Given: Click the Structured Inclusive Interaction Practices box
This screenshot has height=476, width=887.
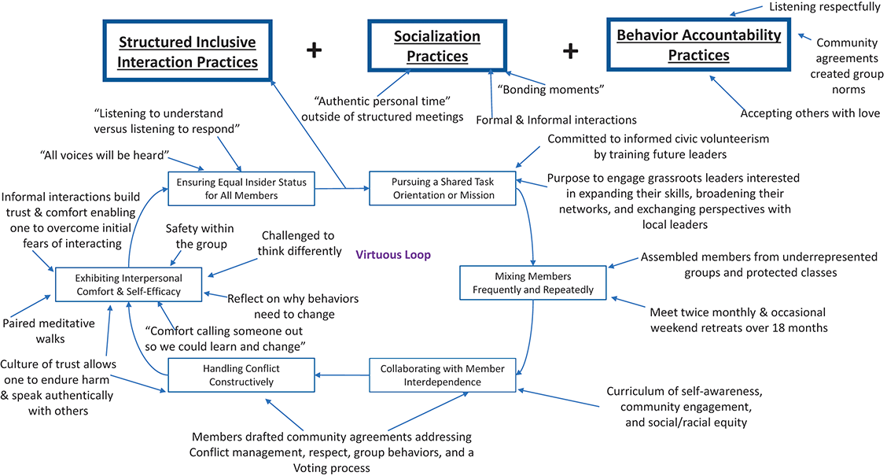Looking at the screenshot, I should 186,51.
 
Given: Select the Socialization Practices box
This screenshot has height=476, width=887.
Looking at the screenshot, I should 437,46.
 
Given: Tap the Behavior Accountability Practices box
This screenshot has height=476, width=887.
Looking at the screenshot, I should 698,46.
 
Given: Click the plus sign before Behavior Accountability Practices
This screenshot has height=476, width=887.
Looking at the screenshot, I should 571,50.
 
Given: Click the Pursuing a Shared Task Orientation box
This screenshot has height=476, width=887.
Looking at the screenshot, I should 443,189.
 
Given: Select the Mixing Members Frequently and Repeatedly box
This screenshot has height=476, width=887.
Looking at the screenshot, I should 533,282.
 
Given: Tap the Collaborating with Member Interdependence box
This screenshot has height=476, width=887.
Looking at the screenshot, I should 443,375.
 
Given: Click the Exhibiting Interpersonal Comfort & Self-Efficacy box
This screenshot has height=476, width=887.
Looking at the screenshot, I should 128,284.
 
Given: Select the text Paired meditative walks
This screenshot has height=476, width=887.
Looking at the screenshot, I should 49,330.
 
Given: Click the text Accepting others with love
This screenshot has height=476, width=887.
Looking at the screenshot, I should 810,113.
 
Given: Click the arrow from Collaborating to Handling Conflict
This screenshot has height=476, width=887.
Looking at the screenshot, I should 342,375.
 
